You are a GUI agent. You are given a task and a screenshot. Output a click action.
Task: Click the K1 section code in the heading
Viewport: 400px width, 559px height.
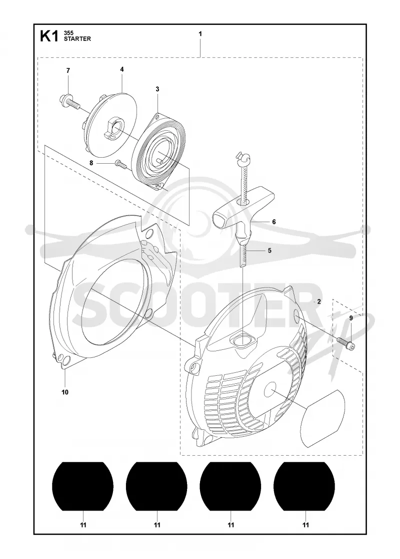(x=49, y=36)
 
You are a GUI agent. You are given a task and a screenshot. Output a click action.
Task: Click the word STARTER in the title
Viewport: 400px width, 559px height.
(x=77, y=39)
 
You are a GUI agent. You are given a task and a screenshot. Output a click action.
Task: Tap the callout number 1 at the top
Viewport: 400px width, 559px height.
(x=200, y=34)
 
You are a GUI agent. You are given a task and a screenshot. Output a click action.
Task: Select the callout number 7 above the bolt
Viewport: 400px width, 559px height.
(x=68, y=70)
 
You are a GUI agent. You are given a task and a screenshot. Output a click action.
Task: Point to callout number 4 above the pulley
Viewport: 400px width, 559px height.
(x=122, y=69)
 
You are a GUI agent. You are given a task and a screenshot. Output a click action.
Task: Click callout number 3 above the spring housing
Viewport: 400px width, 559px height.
(x=157, y=89)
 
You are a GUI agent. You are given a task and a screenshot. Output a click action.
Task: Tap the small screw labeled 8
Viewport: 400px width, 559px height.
(x=120, y=165)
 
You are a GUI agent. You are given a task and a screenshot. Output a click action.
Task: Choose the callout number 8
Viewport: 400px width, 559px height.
(x=91, y=163)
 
